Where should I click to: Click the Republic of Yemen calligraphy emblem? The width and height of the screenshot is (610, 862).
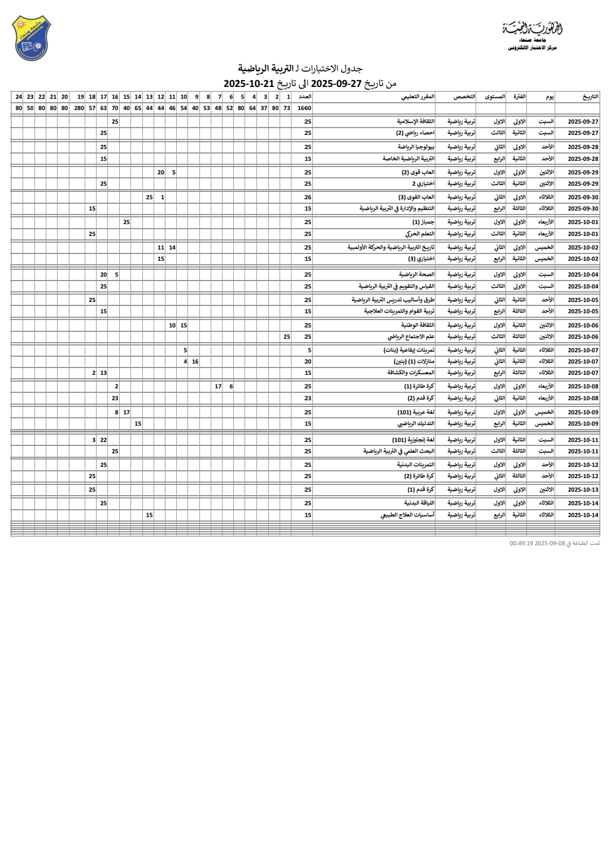(533, 28)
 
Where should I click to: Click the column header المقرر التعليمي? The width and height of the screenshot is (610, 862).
(418, 97)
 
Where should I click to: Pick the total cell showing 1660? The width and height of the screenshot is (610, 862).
(304, 108)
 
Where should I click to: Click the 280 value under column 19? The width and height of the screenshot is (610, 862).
(79, 108)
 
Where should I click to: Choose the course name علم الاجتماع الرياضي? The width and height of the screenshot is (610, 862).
(411, 336)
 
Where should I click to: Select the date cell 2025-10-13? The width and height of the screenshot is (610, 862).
(583, 490)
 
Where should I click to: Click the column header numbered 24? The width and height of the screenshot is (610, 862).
(19, 97)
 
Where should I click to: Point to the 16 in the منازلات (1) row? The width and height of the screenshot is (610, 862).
(195, 361)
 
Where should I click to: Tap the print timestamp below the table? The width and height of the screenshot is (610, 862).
(554, 543)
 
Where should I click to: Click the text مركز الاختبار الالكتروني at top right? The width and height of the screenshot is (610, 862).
(532, 48)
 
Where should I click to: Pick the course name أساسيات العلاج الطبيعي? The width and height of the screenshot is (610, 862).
(407, 515)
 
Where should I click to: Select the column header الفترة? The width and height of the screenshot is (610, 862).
(519, 97)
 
